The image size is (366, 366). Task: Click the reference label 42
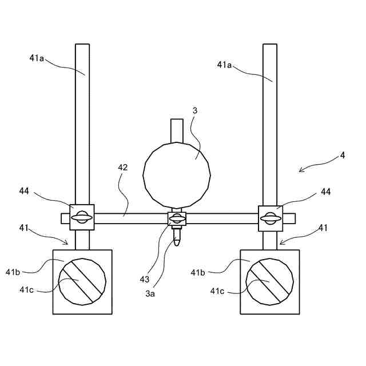click(x=122, y=168)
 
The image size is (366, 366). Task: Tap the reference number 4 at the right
click(x=342, y=155)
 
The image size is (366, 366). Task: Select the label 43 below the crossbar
click(x=145, y=279)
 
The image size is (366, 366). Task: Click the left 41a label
click(x=37, y=57)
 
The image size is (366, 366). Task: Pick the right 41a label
click(x=225, y=65)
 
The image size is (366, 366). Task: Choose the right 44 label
click(x=325, y=192)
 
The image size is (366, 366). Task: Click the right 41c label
click(x=217, y=291)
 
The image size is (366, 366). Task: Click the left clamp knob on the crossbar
click(x=82, y=217)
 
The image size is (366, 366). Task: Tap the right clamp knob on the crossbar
click(x=269, y=217)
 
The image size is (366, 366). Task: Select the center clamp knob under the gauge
click(x=176, y=218)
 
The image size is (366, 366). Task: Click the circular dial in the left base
click(x=82, y=281)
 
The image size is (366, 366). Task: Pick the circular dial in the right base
click(x=269, y=281)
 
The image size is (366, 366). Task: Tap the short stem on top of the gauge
click(x=177, y=130)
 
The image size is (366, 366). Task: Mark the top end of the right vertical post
click(x=269, y=46)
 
